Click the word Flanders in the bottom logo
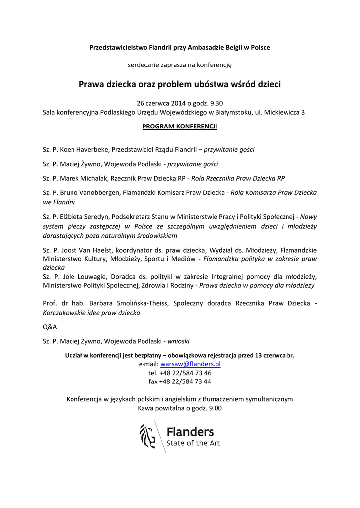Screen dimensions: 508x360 coord(190,431)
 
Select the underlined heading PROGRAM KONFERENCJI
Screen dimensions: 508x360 coord(180,127)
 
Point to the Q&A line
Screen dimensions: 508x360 coord(50,327)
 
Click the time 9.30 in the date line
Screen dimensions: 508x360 coord(217,103)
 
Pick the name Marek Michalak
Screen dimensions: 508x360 coord(83,178)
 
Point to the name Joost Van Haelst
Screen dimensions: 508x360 coord(83,250)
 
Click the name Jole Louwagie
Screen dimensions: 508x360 coord(80,276)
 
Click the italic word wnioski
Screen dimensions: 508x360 coord(178,341)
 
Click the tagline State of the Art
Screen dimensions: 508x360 coord(193,443)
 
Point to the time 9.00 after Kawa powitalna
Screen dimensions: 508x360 coord(214,408)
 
